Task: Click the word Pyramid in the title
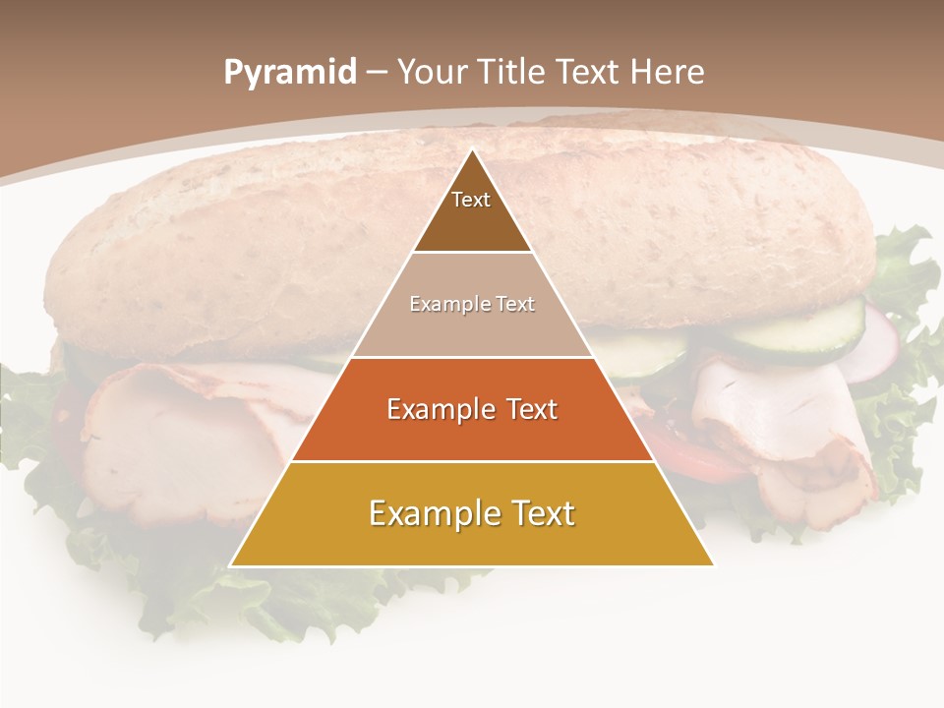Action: coord(289,73)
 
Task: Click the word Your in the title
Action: coord(433,72)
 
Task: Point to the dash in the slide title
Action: coord(377,73)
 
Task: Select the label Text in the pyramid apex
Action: coord(471,200)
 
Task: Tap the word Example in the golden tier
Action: coord(433,514)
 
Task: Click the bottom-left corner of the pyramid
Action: coord(231,565)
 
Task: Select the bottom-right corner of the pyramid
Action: coord(713,565)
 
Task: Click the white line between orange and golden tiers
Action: coord(472,460)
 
